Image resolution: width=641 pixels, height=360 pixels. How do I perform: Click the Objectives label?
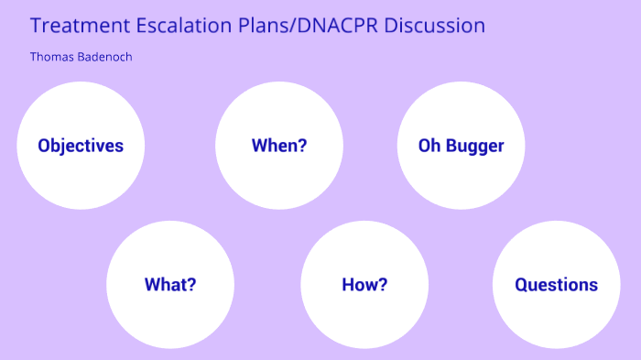point(81,146)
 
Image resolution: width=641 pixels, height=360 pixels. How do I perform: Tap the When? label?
point(279,146)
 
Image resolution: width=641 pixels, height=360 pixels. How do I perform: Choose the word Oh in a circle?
point(429,146)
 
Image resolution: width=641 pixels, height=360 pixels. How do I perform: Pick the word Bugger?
point(474,147)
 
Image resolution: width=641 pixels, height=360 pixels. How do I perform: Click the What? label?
point(170,284)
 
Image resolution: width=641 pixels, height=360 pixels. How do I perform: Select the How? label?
point(364,284)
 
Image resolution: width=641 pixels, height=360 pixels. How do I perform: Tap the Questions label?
point(556,284)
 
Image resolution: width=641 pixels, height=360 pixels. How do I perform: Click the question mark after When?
point(302,146)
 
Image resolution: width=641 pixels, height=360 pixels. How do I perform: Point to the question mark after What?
point(191,284)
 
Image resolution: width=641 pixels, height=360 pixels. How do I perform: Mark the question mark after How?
point(383,284)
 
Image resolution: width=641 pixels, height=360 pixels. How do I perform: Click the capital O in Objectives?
point(44,146)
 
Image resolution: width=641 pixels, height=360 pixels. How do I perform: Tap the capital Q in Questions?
point(521,284)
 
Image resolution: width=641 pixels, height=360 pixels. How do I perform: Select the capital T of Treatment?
point(36,26)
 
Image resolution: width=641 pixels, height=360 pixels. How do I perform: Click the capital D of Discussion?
point(391,26)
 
